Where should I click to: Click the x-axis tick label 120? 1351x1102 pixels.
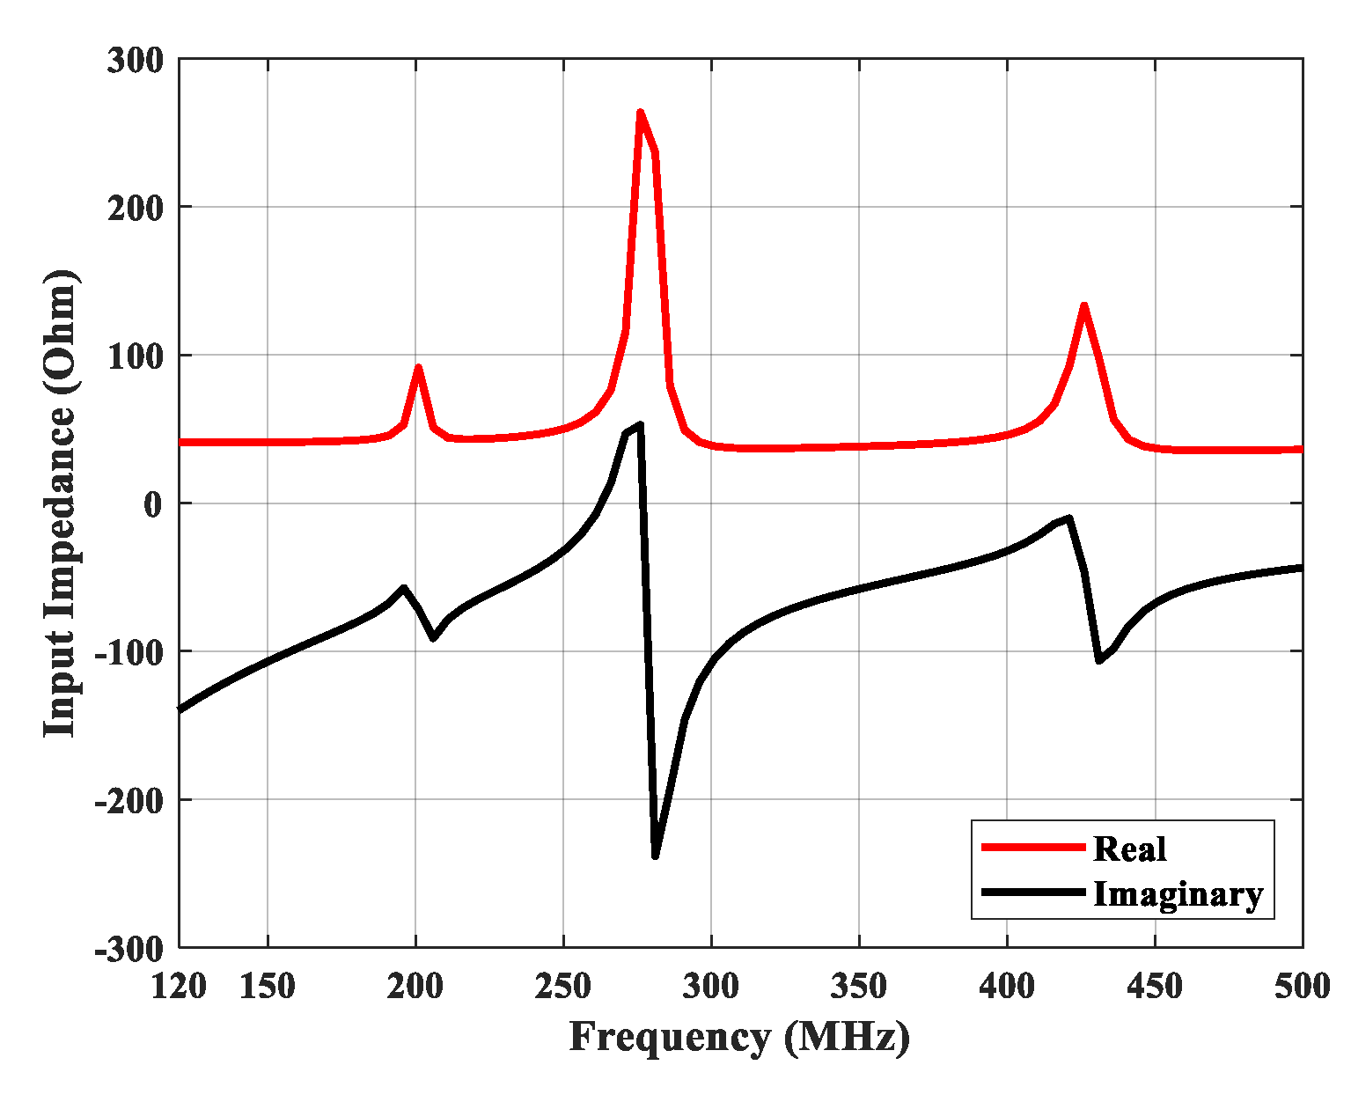point(179,987)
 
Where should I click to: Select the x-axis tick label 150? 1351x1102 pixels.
point(268,987)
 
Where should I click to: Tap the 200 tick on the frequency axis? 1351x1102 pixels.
point(415,987)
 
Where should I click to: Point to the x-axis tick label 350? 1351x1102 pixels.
point(859,987)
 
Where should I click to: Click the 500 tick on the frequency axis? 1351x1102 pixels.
point(1302,987)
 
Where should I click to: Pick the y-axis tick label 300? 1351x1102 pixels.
point(135,62)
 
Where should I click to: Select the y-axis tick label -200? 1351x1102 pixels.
point(128,801)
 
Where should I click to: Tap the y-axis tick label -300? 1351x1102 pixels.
point(128,949)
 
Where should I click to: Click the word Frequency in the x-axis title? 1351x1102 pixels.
point(669,1038)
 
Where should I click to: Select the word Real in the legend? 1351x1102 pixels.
point(1129,849)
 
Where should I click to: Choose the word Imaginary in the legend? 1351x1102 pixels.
point(1178,894)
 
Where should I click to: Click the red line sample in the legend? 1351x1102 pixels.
point(1033,847)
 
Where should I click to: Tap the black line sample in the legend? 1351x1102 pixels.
point(1033,893)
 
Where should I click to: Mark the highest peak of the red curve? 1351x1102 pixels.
point(640,112)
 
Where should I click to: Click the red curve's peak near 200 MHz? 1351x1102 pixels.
point(418,367)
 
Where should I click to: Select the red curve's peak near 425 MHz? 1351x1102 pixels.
point(1083,305)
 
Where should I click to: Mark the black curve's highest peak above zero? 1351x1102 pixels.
point(640,425)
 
